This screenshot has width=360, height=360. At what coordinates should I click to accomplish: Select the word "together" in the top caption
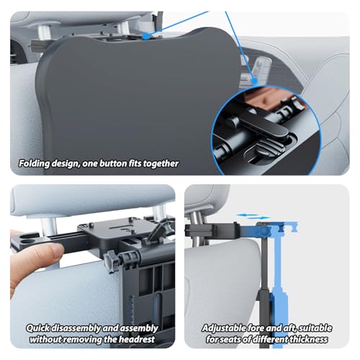point(160,163)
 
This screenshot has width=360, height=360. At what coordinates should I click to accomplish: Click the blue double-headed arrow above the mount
point(251,215)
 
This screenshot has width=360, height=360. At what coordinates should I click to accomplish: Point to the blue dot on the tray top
point(146,34)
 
